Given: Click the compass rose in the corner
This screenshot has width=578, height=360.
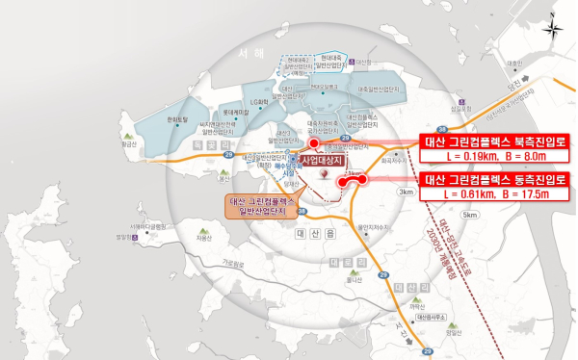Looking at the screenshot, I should click(552, 28).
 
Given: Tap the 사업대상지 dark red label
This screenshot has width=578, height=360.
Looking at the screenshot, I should click(323, 161).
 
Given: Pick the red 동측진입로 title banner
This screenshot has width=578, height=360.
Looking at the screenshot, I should click(491, 179).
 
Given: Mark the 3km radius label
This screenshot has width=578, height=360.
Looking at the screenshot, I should click(407, 192).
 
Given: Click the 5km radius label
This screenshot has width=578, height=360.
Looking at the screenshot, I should click(469, 215).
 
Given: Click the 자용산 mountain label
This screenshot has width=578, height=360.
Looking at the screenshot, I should click(204, 236).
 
